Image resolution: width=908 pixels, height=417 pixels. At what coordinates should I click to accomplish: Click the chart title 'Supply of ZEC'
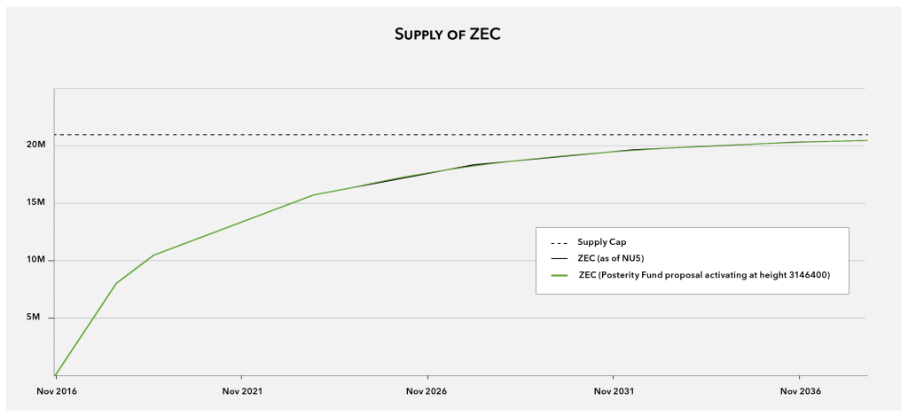click(453, 35)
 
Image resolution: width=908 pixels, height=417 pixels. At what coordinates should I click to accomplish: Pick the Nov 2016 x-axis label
click(55, 391)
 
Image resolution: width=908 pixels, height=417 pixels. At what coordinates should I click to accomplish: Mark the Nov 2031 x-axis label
click(613, 391)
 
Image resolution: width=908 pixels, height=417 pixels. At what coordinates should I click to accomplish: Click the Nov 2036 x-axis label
click(799, 391)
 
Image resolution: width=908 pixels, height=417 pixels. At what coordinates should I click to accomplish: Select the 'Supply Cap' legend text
click(602, 242)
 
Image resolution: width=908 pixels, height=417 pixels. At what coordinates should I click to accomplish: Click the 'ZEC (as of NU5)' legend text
click(611, 258)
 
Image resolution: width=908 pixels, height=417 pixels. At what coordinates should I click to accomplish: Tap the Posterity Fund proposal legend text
click(704, 275)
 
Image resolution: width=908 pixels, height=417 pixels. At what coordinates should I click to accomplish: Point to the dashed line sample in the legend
click(559, 242)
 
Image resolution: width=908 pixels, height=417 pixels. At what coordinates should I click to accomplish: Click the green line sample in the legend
click(559, 275)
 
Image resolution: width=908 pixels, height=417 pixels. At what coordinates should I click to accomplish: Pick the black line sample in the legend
click(559, 258)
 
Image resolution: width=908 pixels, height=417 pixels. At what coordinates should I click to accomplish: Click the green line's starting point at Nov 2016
click(55, 375)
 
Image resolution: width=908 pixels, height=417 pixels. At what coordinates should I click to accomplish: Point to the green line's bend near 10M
click(154, 256)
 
